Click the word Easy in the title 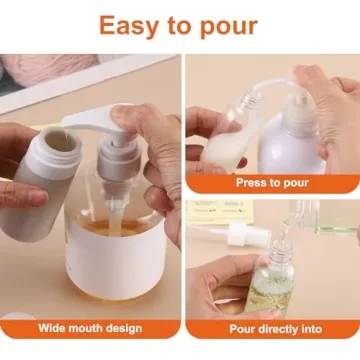(128, 25)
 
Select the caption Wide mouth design (90, 328)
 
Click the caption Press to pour (272, 182)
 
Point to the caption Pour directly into (272, 328)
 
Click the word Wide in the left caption (54, 328)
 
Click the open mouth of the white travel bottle (62, 143)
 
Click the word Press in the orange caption (250, 182)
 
